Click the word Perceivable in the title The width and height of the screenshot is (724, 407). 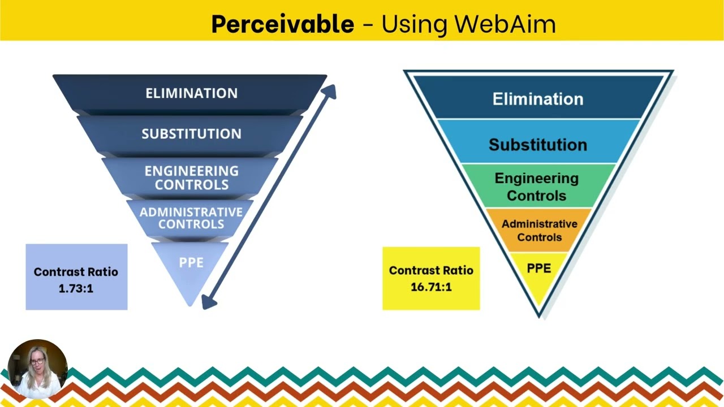282,24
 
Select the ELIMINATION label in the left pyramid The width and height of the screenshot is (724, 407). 191,93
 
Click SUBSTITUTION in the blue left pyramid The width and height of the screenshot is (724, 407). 191,134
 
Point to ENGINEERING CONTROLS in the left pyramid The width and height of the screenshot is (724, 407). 191,177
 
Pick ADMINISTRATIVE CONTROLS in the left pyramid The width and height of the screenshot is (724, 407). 191,218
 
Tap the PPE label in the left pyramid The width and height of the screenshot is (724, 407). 191,263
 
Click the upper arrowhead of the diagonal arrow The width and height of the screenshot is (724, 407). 330,92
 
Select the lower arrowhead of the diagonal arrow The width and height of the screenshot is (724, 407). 208,302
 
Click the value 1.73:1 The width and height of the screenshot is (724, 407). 76,288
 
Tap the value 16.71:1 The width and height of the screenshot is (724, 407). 431,287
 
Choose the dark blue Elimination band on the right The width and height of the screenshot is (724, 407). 537,99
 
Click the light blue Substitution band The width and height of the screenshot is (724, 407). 537,145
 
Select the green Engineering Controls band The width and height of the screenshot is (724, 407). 537,187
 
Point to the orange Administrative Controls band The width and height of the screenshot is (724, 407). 538,230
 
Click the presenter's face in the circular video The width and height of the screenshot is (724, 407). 36,362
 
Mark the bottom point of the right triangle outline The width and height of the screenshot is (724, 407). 539,315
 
